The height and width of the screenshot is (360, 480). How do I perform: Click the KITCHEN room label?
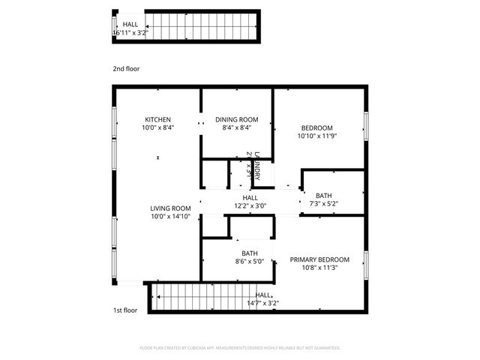pyautogui.click(x=158, y=119)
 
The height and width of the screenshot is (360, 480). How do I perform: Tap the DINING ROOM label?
pyautogui.click(x=237, y=119)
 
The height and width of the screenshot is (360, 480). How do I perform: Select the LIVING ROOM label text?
pyautogui.click(x=170, y=208)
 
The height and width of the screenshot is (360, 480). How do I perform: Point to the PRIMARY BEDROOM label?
pyautogui.click(x=319, y=259)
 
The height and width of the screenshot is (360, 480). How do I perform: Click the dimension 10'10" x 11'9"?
pyautogui.click(x=317, y=136)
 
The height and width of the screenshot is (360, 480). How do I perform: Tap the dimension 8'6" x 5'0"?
pyautogui.click(x=250, y=262)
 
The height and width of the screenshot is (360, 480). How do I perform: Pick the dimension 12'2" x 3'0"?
pyautogui.click(x=250, y=205)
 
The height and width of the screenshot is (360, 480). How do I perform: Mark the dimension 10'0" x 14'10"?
pyautogui.click(x=170, y=217)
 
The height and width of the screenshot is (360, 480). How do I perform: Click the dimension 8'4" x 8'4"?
pyautogui.click(x=237, y=127)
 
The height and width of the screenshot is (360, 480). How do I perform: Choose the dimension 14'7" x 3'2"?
pyautogui.click(x=263, y=303)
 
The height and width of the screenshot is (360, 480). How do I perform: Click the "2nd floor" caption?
pyautogui.click(x=126, y=68)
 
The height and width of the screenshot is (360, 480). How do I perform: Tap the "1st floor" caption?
pyautogui.click(x=124, y=310)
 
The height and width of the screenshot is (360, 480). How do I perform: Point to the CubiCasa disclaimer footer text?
pyautogui.click(x=240, y=348)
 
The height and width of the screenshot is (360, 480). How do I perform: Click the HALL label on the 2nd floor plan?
pyautogui.click(x=130, y=25)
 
